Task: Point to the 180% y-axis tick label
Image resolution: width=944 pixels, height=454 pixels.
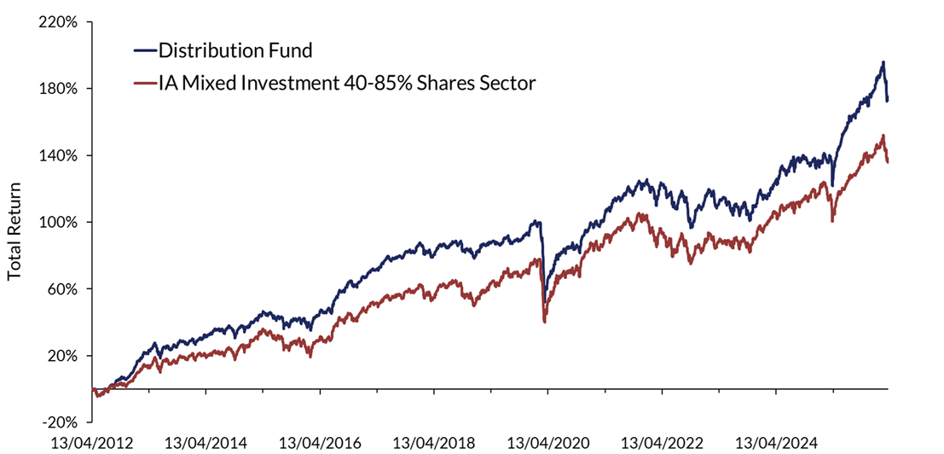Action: pyautogui.click(x=58, y=89)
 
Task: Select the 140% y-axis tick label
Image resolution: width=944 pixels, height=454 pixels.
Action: pyautogui.click(x=58, y=155)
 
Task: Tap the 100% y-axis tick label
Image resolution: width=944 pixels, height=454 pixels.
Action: pyautogui.click(x=58, y=222)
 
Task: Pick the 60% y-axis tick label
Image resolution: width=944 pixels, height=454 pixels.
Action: pyautogui.click(x=61, y=288)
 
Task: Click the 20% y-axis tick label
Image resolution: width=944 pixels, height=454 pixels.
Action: pyautogui.click(x=61, y=355)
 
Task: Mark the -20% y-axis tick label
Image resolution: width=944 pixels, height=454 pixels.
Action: pyautogui.click(x=60, y=422)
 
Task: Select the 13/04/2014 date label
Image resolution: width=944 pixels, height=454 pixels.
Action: pyautogui.click(x=206, y=443)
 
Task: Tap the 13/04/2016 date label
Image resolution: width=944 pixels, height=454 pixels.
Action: pyautogui.click(x=320, y=443)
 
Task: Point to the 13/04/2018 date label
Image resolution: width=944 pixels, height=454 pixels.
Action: pyautogui.click(x=434, y=443)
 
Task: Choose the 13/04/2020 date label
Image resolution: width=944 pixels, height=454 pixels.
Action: pyautogui.click(x=548, y=443)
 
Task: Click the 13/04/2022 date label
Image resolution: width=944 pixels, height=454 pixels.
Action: pyautogui.click(x=663, y=443)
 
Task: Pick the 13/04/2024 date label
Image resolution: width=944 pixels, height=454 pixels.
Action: pyautogui.click(x=777, y=443)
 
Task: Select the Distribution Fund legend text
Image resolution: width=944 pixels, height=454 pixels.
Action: pyautogui.click(x=235, y=50)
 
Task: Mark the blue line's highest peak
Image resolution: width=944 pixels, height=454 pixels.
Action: pyautogui.click(x=883, y=62)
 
